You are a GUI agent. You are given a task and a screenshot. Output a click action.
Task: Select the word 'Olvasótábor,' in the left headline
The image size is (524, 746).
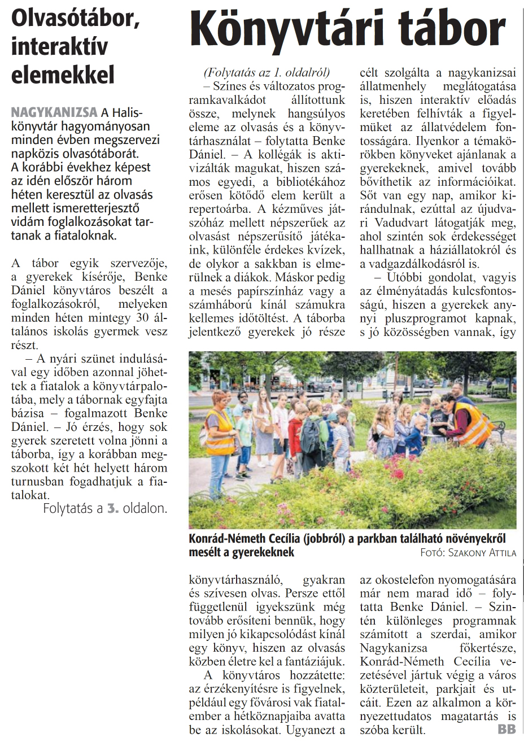tap(76, 18)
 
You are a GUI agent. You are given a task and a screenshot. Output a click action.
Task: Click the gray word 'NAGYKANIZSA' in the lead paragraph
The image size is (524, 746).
tap(54, 112)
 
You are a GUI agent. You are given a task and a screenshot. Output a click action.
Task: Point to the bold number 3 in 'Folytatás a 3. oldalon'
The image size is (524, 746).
tap(112, 508)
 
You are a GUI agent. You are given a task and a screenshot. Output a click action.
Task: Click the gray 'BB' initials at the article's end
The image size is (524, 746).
tap(506, 730)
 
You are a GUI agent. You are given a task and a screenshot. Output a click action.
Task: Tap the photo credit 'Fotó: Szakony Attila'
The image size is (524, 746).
tap(468, 552)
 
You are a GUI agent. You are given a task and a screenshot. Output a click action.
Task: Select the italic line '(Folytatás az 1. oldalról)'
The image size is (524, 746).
tap(267, 72)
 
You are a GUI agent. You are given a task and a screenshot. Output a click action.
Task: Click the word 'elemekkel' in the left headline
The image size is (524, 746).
tap(63, 75)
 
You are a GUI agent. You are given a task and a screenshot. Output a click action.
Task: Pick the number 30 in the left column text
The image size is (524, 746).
tap(142, 317)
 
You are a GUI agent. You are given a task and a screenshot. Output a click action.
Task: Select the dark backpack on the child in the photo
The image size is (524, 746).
tap(311, 432)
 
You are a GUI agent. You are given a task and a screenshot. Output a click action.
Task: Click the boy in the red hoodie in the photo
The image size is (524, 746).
tap(295, 432)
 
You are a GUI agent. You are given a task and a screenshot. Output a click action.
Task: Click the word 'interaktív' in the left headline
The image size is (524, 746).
tap(59, 47)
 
